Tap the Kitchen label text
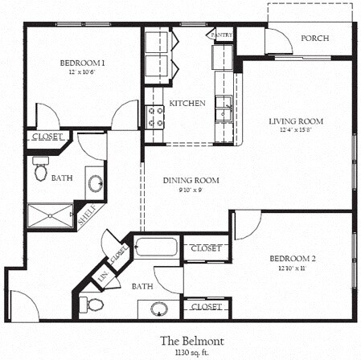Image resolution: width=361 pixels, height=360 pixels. click(x=187, y=104)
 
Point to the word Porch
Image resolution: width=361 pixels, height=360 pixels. click(x=314, y=39)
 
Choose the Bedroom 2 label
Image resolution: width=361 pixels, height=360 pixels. click(x=291, y=258)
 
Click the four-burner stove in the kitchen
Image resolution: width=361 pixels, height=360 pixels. click(x=155, y=117)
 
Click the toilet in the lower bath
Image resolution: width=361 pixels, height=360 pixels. click(x=94, y=305)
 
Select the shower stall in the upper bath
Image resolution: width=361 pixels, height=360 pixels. click(x=49, y=215)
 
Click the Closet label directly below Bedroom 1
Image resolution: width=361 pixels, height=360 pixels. click(x=45, y=137)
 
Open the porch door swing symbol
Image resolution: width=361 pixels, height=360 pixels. click(x=278, y=42)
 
